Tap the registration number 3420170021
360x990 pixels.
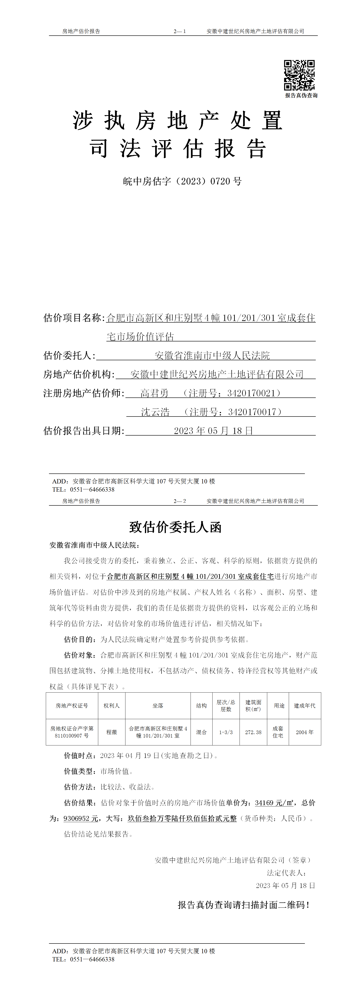252,393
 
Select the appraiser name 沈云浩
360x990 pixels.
155,412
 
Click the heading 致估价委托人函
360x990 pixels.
176,527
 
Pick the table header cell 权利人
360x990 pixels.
111,706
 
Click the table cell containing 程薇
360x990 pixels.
111,732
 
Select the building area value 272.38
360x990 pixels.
253,732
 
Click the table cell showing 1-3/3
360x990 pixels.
226,732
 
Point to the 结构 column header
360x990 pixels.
201,706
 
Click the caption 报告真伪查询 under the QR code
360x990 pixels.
301,95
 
